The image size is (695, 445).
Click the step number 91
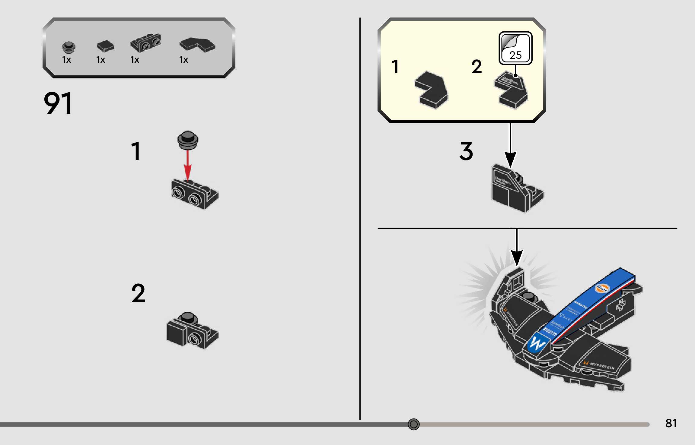58,103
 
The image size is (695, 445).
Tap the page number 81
671,423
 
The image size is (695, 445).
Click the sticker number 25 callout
515,48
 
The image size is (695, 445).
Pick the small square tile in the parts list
105,46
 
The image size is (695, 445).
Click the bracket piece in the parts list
146,43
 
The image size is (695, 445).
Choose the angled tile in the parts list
197,45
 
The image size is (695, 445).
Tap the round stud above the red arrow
188,140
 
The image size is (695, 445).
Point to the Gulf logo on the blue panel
602,288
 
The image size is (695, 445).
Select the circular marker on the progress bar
413,424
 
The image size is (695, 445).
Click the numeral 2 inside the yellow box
477,67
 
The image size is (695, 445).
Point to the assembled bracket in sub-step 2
192,330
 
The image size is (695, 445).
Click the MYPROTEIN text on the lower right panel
602,366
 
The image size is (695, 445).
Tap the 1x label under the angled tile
183,60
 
